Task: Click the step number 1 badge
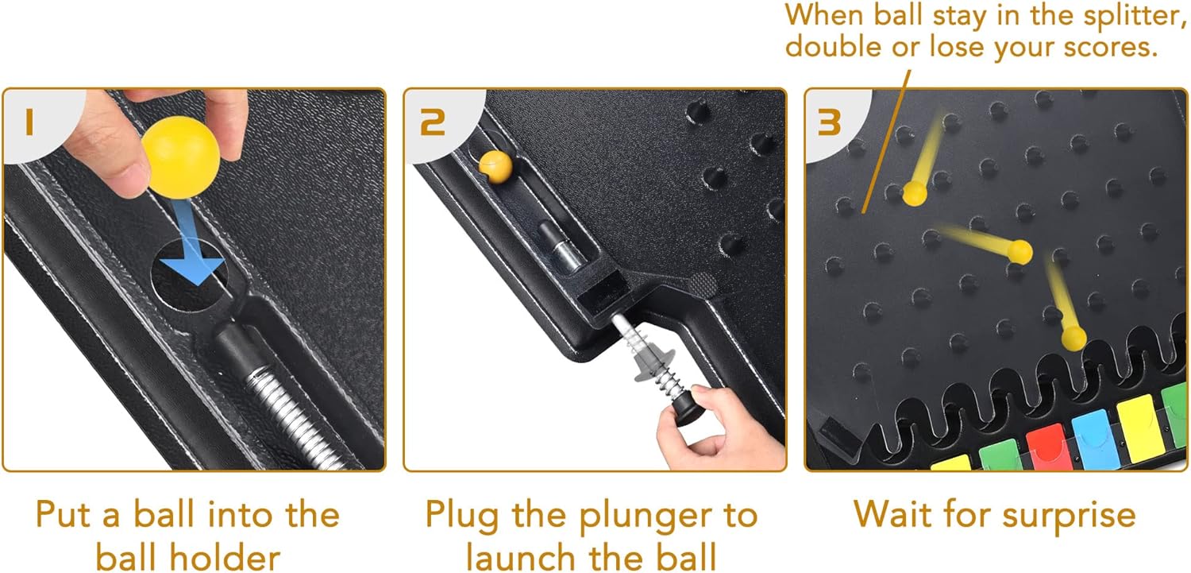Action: click(30, 122)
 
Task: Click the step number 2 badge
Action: click(432, 122)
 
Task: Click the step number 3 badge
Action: click(830, 122)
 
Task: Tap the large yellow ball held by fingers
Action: click(181, 157)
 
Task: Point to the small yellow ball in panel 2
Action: click(495, 167)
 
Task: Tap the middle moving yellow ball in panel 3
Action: click(1019, 252)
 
